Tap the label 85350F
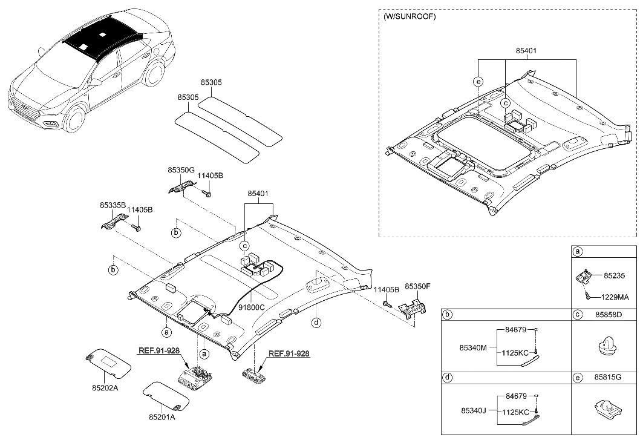pyautogui.click(x=418, y=285)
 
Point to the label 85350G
pyautogui.click(x=182, y=171)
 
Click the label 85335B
pyautogui.click(x=113, y=206)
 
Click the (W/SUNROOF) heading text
pyautogui.click(x=410, y=16)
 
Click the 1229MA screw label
pyautogui.click(x=616, y=297)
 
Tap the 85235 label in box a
pyautogui.click(x=615, y=275)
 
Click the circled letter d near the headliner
pyautogui.click(x=316, y=323)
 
